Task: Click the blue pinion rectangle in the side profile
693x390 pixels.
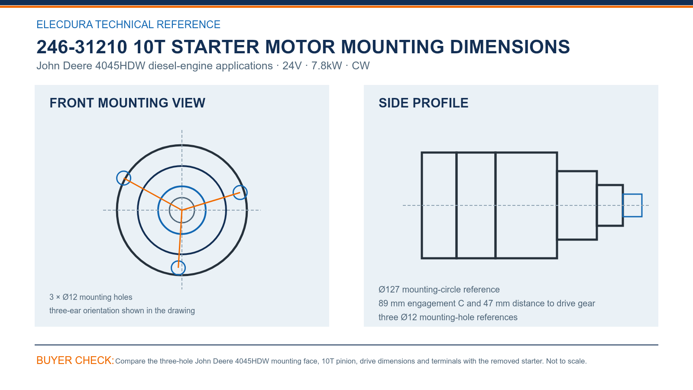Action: pyautogui.click(x=632, y=195)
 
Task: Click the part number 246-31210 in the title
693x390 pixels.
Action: pyautogui.click(x=82, y=47)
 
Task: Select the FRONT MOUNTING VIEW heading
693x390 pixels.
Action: pyautogui.click(x=127, y=103)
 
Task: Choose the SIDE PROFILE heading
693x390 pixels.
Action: pyautogui.click(x=423, y=103)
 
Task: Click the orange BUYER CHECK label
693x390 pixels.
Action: pyautogui.click(x=75, y=360)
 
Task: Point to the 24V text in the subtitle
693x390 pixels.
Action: pyautogui.click(x=292, y=65)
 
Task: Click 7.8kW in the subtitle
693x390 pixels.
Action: pyautogui.click(x=327, y=65)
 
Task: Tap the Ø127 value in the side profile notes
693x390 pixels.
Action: pyautogui.click(x=389, y=289)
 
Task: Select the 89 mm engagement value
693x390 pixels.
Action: pyautogui.click(x=392, y=303)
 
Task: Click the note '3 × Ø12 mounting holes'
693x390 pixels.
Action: pyautogui.click(x=91, y=297)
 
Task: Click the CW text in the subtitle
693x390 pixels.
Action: pyautogui.click(x=360, y=65)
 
